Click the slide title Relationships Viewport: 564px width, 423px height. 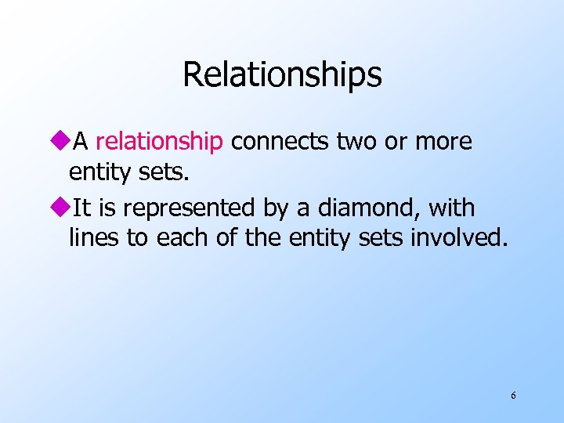[x=282, y=75]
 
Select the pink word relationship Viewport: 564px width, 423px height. [x=159, y=142]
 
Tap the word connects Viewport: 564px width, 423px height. [x=280, y=142]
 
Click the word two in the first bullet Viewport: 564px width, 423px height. [x=357, y=142]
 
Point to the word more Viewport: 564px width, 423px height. [x=443, y=142]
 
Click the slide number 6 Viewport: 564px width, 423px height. [x=513, y=396]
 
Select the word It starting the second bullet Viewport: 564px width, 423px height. [x=80, y=209]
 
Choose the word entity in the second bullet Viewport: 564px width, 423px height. [x=316, y=237]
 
